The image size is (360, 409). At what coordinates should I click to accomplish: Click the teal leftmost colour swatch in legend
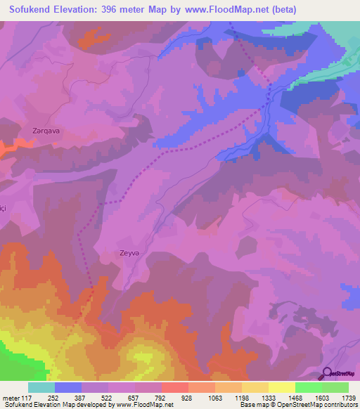point(41,387)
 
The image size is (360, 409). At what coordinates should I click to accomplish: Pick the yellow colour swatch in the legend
point(281,387)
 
